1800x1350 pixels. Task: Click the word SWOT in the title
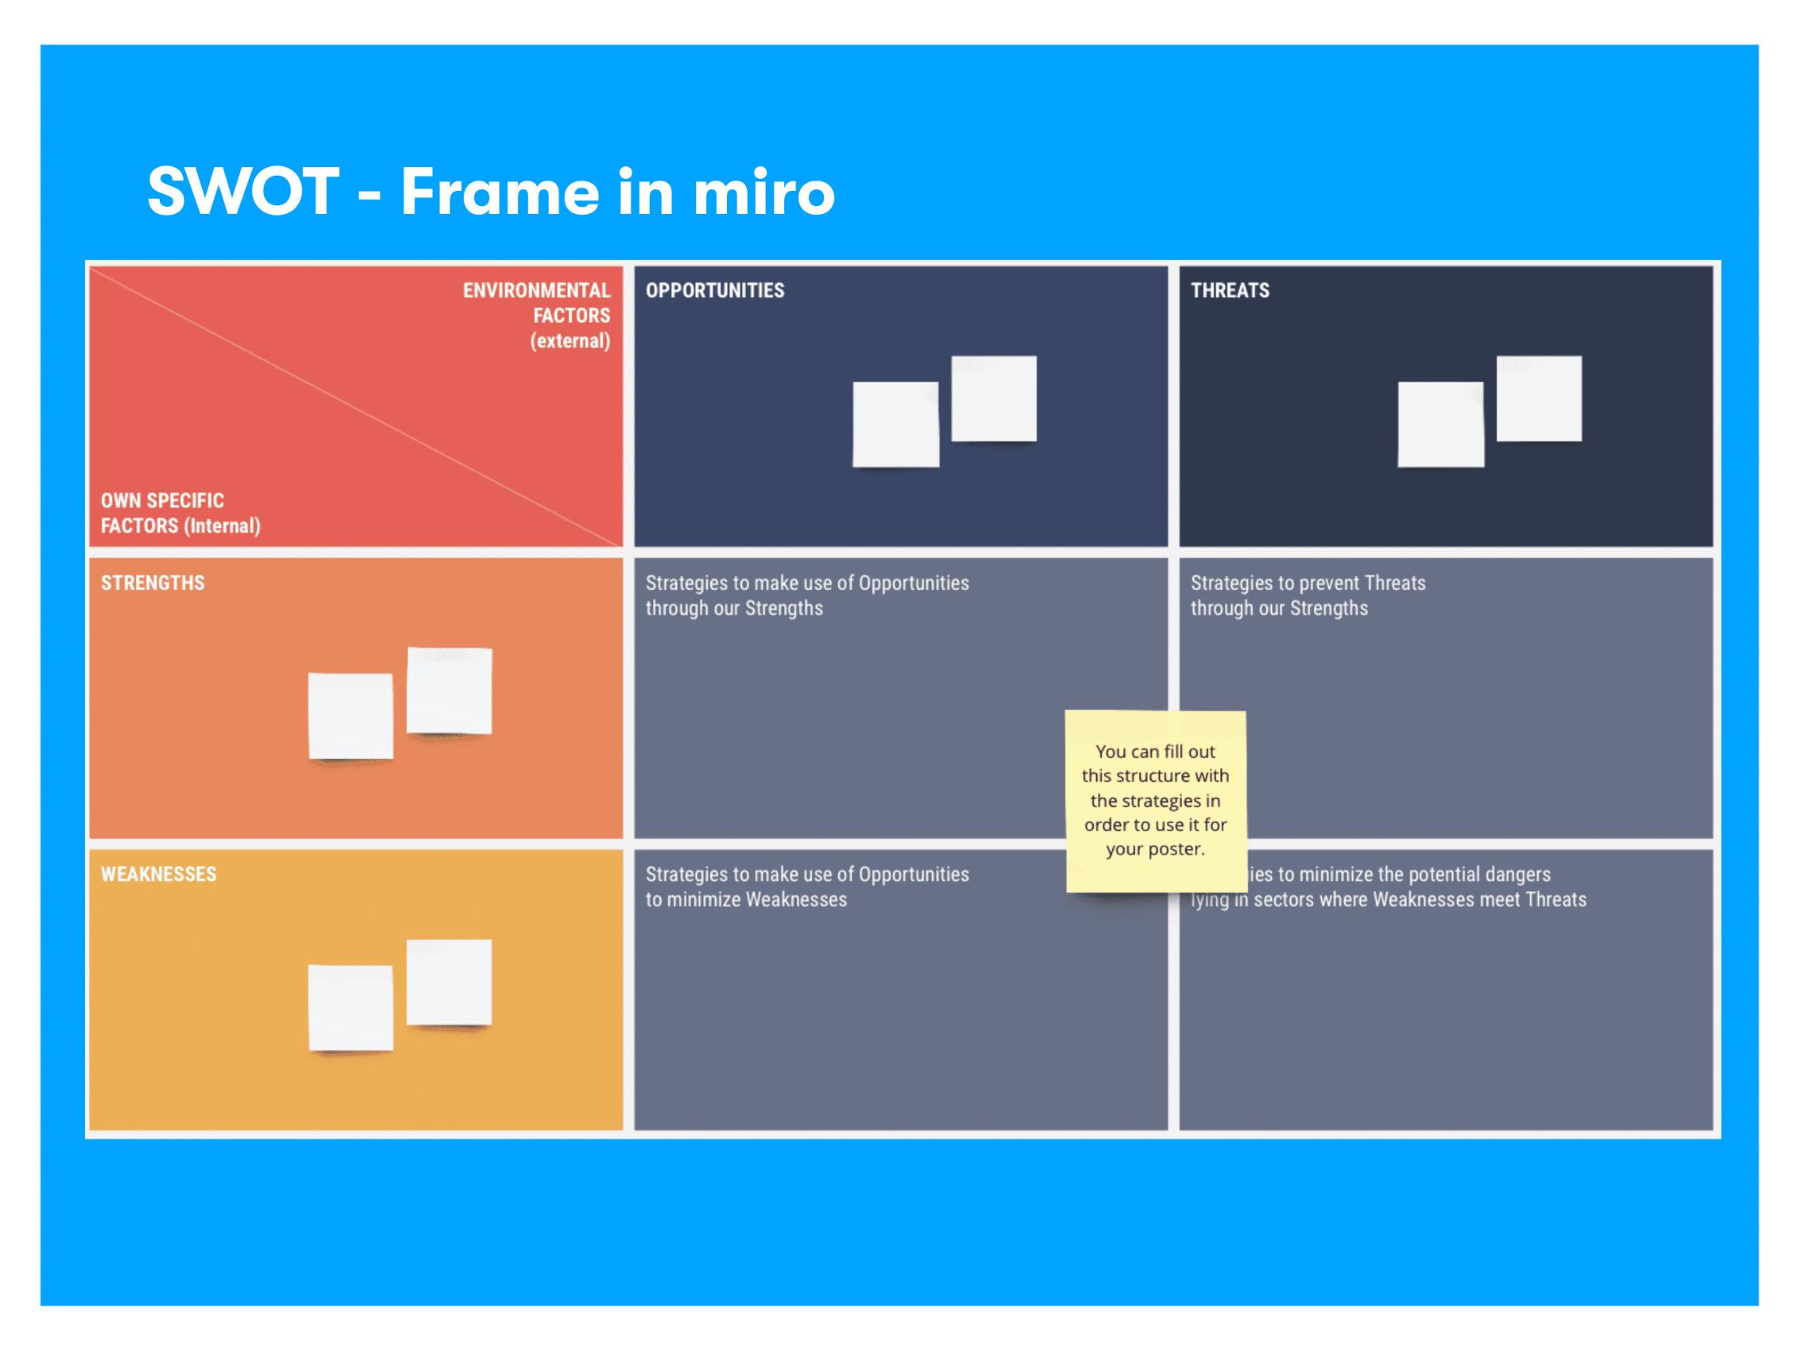click(243, 191)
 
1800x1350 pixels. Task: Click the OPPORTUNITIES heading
click(714, 290)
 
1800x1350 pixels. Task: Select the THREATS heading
click(1230, 290)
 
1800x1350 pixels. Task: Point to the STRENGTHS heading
click(153, 582)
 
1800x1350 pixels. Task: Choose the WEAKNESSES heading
click(158, 874)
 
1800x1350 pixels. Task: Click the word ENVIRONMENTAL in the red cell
click(536, 290)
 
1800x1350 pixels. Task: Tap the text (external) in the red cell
click(570, 341)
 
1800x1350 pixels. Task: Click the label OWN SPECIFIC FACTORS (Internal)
click(180, 513)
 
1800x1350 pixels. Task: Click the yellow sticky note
click(1156, 801)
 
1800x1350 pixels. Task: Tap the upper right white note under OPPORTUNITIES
click(993, 398)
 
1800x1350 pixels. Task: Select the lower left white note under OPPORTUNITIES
click(895, 424)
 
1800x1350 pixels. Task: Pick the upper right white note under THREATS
click(1539, 398)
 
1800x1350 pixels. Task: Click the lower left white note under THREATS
click(1440, 424)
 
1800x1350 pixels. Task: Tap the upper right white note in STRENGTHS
click(449, 690)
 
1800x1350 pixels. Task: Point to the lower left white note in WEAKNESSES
click(351, 1007)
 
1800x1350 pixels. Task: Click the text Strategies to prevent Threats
click(1308, 582)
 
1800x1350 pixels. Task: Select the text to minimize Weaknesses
click(746, 899)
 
